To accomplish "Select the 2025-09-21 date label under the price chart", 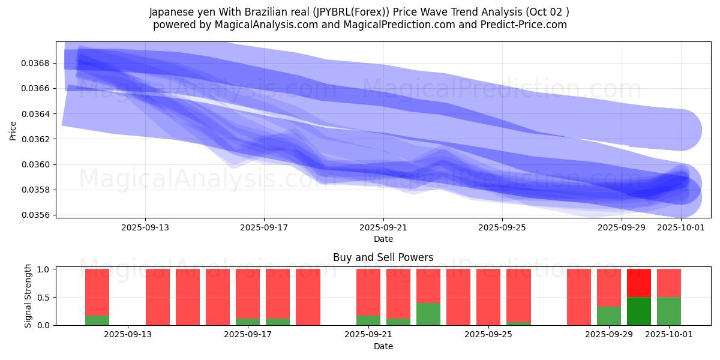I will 383,228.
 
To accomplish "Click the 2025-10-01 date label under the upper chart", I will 681,228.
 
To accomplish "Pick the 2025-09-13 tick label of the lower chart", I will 128,335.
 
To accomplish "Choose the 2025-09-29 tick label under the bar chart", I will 609,335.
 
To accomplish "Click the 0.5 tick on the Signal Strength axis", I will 44,298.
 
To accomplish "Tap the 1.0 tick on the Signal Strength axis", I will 44,269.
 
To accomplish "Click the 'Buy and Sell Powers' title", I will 383,257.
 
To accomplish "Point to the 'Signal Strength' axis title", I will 28,297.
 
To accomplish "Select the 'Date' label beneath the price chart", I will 383,239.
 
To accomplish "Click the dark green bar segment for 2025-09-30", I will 639,311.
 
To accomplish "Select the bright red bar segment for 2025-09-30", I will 639,283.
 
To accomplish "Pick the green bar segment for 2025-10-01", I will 669,311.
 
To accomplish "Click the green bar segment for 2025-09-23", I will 428,314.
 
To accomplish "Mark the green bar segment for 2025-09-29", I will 609,316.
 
